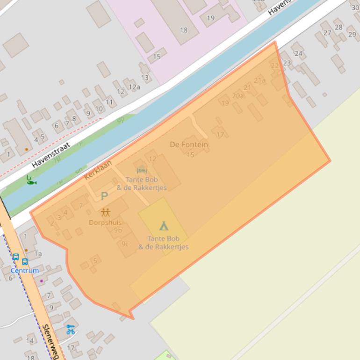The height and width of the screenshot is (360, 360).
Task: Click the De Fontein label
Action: (x=189, y=144)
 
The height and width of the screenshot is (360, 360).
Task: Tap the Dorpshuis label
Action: (x=105, y=223)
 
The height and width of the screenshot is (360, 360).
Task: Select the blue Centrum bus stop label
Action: (x=24, y=270)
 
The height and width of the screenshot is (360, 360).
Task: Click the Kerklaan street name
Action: (x=98, y=170)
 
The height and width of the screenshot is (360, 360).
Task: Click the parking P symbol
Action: (x=104, y=196)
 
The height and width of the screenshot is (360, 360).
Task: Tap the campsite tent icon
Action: (x=164, y=226)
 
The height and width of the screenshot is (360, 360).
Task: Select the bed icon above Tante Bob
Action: (x=142, y=170)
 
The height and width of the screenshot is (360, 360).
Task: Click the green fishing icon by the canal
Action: (x=31, y=180)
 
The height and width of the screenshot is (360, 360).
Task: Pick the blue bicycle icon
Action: (x=71, y=330)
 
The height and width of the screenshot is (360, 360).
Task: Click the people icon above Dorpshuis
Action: (x=105, y=212)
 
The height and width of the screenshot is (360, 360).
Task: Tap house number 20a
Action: (x=238, y=96)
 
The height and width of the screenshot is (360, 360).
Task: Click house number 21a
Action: (x=259, y=80)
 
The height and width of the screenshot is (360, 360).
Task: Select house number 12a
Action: (x=134, y=87)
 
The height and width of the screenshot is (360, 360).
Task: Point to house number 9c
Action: (x=125, y=244)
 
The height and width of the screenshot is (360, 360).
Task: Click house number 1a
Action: (x=38, y=254)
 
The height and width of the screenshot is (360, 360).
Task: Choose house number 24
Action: (x=298, y=53)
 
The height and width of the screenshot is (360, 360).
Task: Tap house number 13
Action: (x=145, y=78)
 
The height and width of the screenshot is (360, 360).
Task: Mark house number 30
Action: (x=355, y=7)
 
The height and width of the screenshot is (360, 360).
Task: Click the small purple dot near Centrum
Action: (x=42, y=281)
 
